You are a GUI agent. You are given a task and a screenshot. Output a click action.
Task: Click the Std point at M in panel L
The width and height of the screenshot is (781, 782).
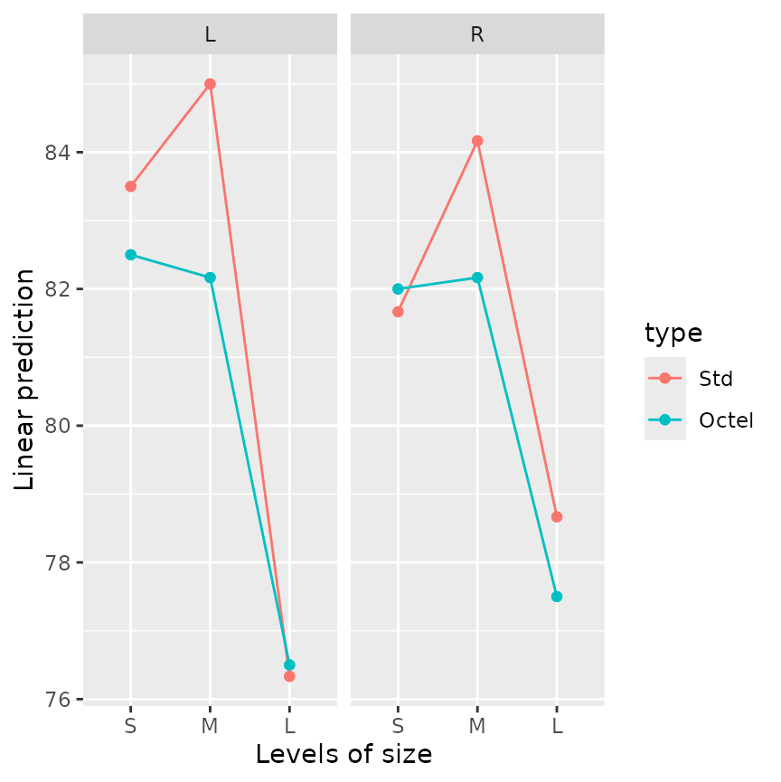(210, 84)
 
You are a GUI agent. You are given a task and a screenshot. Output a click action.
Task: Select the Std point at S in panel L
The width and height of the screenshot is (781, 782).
(130, 186)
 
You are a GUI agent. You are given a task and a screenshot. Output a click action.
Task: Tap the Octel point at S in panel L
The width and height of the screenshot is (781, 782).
(130, 255)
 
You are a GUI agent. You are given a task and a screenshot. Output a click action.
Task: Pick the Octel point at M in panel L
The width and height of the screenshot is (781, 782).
(210, 278)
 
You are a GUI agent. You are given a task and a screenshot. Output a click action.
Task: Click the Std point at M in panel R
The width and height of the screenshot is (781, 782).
(477, 141)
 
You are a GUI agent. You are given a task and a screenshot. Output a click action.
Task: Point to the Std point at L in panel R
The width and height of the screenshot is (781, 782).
(557, 517)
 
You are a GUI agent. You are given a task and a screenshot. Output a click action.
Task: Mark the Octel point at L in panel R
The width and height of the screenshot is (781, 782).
(557, 597)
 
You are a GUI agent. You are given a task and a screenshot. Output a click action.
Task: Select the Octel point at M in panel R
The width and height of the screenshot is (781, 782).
(477, 278)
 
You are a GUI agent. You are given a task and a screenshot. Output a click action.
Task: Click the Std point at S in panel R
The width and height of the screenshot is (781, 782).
(398, 312)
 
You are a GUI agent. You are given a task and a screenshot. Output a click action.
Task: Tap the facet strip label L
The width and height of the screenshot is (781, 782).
(210, 34)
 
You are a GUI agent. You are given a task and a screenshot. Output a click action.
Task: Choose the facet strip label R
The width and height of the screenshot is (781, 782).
(477, 34)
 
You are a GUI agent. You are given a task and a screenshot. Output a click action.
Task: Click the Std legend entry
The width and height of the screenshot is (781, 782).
(715, 378)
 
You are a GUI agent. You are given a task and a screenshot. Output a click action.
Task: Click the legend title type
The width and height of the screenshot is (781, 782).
(673, 334)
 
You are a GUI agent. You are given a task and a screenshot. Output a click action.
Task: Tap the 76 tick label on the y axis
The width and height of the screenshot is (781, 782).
(59, 700)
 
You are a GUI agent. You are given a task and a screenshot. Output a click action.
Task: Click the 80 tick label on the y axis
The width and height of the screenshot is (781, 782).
(59, 426)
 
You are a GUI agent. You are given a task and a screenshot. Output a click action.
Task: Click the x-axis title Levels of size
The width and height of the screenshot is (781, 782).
(343, 754)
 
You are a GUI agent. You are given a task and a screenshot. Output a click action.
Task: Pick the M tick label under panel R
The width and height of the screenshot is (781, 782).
(477, 726)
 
